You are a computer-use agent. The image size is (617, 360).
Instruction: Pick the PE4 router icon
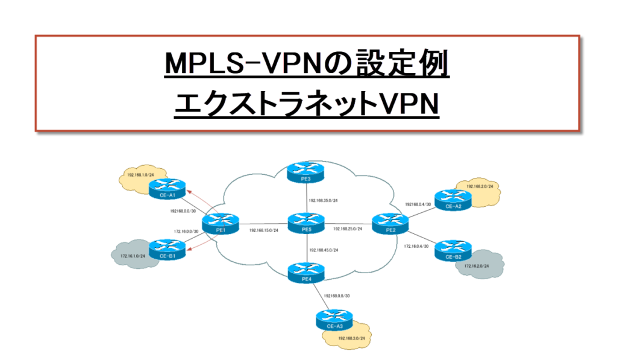(305, 270)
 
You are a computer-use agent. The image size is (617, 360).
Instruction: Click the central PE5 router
(305, 221)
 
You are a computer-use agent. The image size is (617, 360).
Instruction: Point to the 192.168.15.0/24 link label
(264, 230)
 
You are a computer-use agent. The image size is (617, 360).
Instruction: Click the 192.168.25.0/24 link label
(348, 230)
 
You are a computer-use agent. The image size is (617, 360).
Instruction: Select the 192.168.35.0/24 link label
(322, 200)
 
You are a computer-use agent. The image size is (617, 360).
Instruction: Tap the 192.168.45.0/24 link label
(322, 250)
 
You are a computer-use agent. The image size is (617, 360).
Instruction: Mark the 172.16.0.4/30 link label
(416, 246)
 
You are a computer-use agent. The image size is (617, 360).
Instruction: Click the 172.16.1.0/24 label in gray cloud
(133, 256)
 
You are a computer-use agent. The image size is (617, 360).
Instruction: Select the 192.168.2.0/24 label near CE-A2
(479, 187)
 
